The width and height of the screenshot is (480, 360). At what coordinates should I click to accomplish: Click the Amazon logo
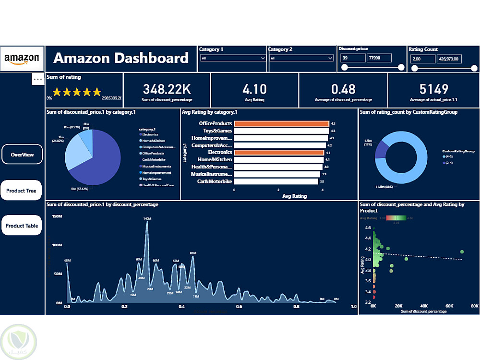(22, 59)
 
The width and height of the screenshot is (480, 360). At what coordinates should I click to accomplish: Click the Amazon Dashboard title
(121, 59)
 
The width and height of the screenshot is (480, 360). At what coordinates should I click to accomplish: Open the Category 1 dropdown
(233, 58)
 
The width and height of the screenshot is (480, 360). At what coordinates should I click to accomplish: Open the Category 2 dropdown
(301, 58)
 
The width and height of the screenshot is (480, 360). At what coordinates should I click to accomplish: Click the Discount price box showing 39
(353, 58)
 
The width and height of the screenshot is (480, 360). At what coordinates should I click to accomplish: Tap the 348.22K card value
(167, 89)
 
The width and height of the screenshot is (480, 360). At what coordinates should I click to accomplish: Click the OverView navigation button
(22, 155)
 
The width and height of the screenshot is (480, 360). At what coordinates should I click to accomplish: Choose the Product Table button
(22, 226)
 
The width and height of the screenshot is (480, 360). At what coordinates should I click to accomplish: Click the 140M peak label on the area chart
(147, 219)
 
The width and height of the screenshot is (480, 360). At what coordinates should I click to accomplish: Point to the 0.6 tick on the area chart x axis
(239, 306)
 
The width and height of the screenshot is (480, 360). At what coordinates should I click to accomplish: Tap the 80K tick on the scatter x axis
(474, 306)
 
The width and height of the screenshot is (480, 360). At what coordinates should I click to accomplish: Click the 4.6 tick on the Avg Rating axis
(368, 228)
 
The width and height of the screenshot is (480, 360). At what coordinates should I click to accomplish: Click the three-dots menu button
(38, 79)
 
